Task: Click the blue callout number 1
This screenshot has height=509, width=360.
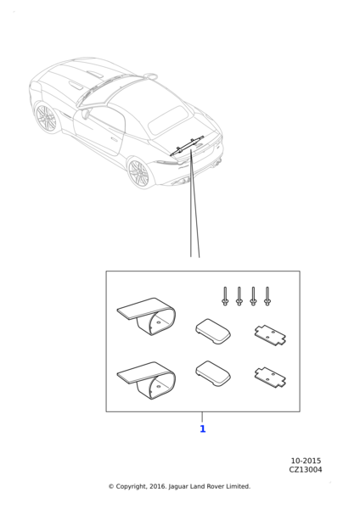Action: pos(203,428)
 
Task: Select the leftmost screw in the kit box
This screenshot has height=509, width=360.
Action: pos(225,296)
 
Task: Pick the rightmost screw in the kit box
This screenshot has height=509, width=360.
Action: pos(267,296)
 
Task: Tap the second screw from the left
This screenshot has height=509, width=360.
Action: pos(239,296)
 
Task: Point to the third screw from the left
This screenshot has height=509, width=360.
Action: pos(253,296)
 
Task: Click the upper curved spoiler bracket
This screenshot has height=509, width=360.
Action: pos(147,316)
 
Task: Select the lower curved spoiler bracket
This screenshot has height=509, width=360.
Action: pos(147,380)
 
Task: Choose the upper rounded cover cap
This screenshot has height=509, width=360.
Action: pos(213,331)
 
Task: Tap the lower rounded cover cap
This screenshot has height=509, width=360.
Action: pos(213,373)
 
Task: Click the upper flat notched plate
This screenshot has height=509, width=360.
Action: pos(270,335)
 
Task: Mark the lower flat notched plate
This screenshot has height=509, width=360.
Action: pos(270,378)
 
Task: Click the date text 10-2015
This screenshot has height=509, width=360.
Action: pos(306,461)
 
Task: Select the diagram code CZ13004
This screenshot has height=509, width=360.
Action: pos(306,469)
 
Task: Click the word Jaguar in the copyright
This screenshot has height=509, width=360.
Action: pos(178,487)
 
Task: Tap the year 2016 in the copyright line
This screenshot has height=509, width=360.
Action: pos(158,486)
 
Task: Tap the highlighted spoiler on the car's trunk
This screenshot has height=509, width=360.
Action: pos(187,145)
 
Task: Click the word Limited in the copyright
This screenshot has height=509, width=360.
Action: pos(239,486)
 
